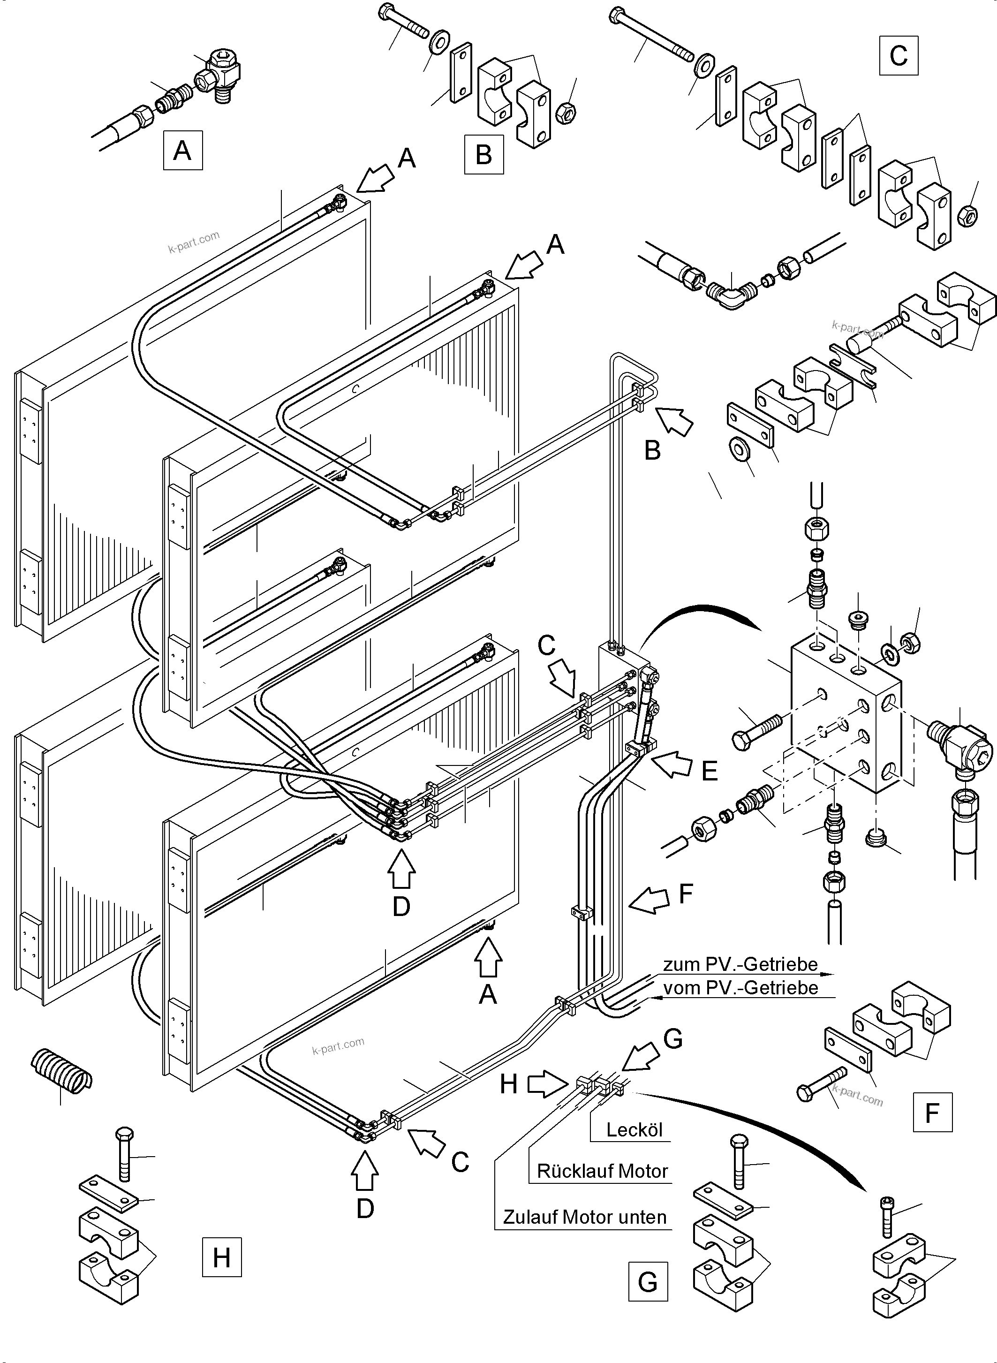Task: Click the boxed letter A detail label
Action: (x=182, y=150)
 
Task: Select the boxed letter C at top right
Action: (x=898, y=55)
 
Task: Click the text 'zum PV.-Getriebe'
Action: (x=740, y=964)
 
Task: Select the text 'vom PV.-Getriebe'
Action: (x=740, y=987)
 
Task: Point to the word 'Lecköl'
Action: (x=634, y=1130)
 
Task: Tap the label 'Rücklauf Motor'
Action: (x=602, y=1171)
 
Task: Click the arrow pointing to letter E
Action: (x=671, y=764)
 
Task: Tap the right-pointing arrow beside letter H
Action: (x=544, y=1083)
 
